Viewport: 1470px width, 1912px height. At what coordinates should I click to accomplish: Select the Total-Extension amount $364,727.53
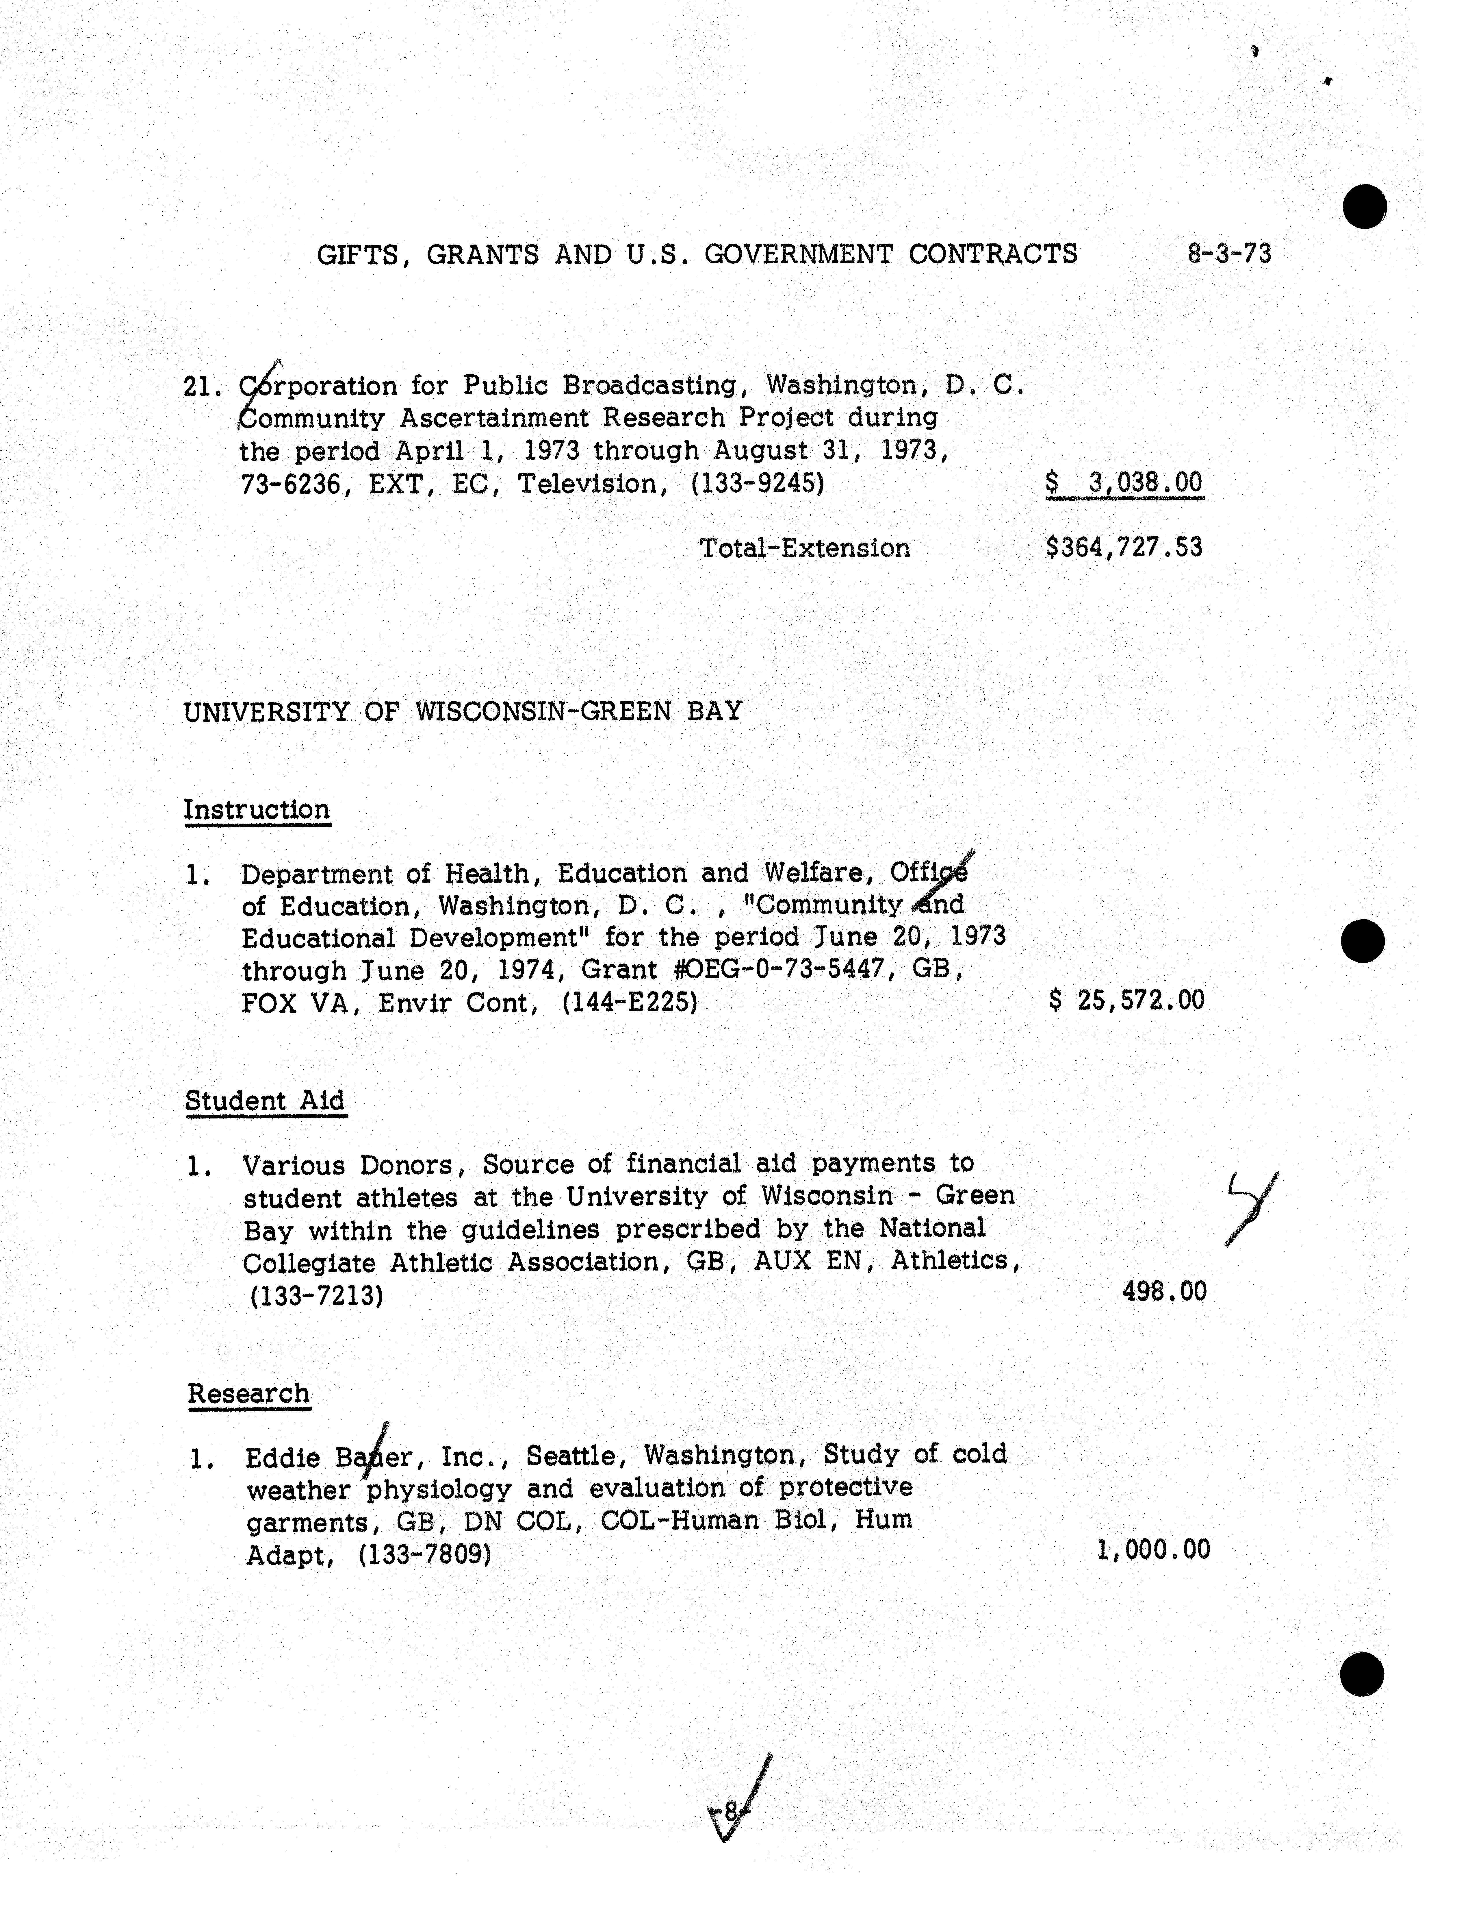coord(1124,548)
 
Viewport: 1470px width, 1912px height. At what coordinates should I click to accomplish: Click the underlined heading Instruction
coord(256,810)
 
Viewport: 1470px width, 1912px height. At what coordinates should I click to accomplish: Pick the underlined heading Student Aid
coord(265,1101)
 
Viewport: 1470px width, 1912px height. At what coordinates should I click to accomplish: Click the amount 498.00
coord(1164,1291)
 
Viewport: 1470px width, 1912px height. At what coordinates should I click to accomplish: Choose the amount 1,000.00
coord(1153,1550)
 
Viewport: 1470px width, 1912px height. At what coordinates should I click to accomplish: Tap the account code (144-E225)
coord(630,1003)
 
